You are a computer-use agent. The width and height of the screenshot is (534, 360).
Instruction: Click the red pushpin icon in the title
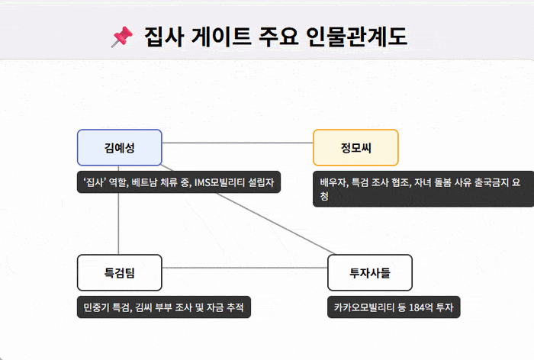[x=122, y=36]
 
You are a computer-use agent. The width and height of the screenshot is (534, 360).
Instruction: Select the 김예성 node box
[x=119, y=147]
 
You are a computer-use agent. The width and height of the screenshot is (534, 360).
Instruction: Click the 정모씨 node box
[x=355, y=147]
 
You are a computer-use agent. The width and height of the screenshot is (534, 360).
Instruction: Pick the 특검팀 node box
[x=119, y=272]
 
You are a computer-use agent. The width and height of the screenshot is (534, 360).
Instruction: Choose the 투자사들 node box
[x=369, y=272]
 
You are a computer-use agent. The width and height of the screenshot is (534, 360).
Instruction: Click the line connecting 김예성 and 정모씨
[x=236, y=143]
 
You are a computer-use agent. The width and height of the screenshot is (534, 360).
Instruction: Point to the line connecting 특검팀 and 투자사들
[x=244, y=268]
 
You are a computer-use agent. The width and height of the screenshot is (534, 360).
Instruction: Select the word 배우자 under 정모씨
[x=334, y=182]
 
